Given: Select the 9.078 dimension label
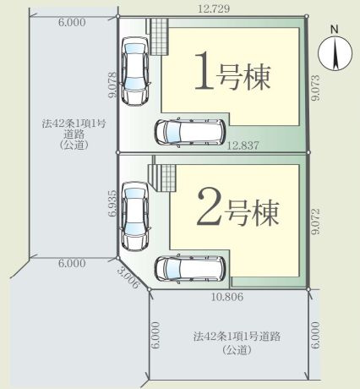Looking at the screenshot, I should point(111,85).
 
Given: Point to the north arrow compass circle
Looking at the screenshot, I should point(334,55).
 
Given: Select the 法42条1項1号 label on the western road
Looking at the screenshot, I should point(73,123).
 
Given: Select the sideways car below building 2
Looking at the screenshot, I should point(188,267).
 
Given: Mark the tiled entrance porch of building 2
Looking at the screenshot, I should point(163,178).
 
